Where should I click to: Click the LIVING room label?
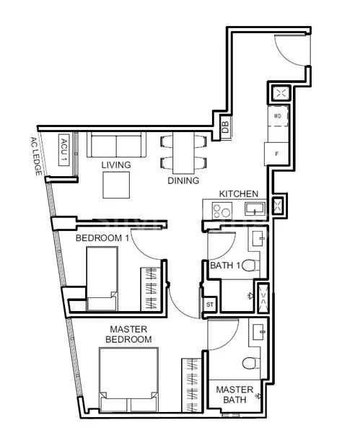pyautogui.click(x=116, y=165)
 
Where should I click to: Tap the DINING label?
pyautogui.click(x=183, y=180)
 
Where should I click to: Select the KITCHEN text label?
pyautogui.click(x=238, y=194)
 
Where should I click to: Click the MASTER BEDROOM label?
pyautogui.click(x=128, y=334)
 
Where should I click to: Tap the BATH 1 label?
pyautogui.click(x=225, y=266)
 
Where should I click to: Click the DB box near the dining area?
pyautogui.click(x=224, y=126)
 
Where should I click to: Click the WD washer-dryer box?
pyautogui.click(x=277, y=115)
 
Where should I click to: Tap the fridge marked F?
pyautogui.click(x=276, y=154)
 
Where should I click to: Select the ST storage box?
pyautogui.click(x=210, y=305)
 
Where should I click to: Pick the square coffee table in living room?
pyautogui.click(x=116, y=185)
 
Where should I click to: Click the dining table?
pyautogui.click(x=183, y=152)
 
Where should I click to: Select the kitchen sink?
pyautogui.click(x=254, y=209)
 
